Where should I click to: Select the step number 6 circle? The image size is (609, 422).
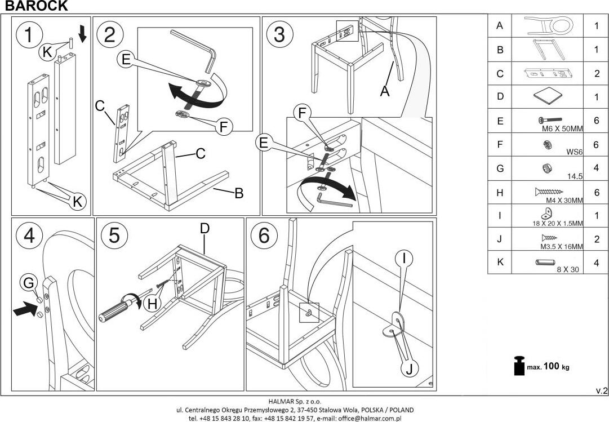coord(264,236)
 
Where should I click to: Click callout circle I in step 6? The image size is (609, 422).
coord(404,259)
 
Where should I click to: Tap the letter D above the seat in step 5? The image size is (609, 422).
coord(205,228)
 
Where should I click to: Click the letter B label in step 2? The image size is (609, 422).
coord(238,193)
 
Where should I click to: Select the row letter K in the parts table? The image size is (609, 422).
coord(500,263)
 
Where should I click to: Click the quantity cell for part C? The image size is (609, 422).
coord(597,73)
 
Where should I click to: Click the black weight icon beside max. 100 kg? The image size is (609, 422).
coord(519,366)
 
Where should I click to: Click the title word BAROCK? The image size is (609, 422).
coord(36,6)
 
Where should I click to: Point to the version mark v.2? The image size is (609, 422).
coord(601,390)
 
